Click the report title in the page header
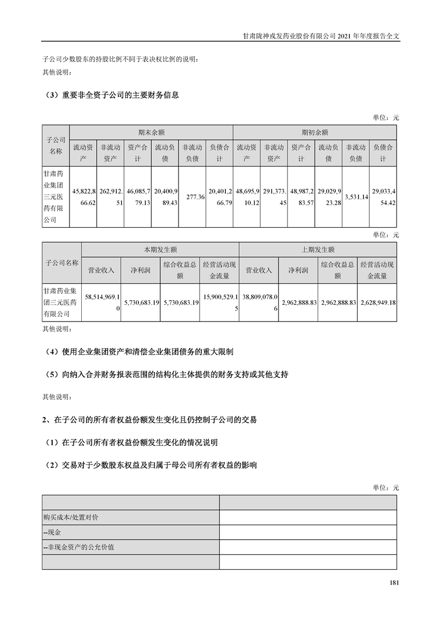[x=322, y=34]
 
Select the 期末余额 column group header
[x=151, y=133]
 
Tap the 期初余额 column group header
[x=315, y=133]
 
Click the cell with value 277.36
[x=192, y=197]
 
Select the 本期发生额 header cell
[x=160, y=250]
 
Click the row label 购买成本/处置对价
[x=72, y=517]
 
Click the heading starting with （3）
[x=111, y=95]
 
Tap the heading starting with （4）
[x=138, y=351]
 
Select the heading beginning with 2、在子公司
[x=150, y=420]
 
